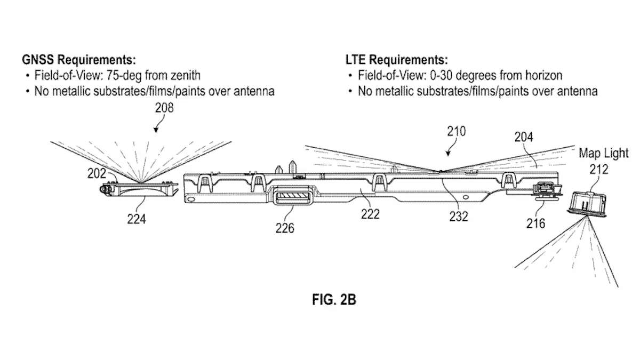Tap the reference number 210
(x=457, y=131)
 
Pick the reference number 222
(x=370, y=214)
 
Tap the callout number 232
(x=459, y=216)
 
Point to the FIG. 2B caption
(x=334, y=300)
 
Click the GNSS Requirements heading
(x=78, y=59)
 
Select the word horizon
(x=543, y=75)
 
